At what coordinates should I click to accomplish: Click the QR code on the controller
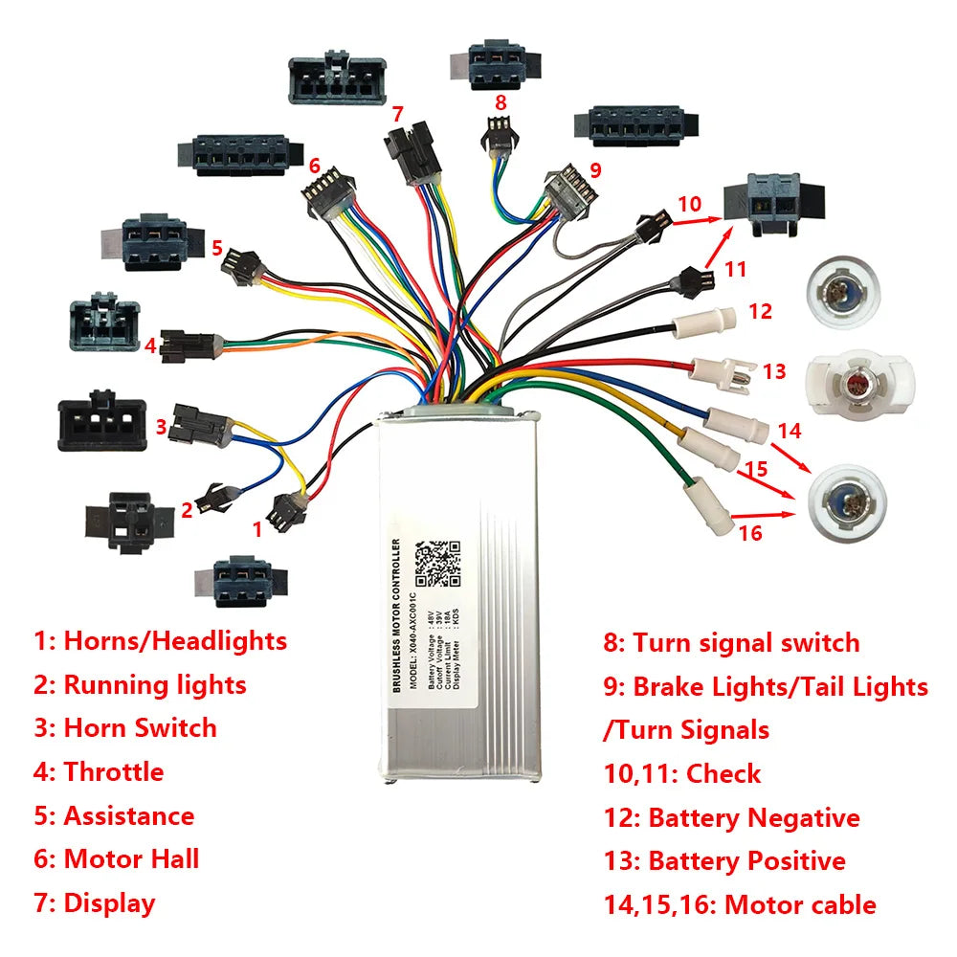(x=439, y=564)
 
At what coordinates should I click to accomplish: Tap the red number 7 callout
(x=397, y=113)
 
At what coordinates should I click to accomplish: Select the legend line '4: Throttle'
(x=99, y=771)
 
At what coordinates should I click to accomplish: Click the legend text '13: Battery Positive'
(x=724, y=860)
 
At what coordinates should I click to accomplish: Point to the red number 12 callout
(x=760, y=311)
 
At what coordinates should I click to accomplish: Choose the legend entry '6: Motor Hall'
(x=117, y=858)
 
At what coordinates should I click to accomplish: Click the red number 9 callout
(x=595, y=171)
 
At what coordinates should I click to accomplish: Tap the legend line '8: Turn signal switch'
(x=731, y=642)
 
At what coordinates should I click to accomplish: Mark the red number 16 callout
(x=751, y=532)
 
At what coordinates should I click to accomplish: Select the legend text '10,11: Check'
(x=681, y=772)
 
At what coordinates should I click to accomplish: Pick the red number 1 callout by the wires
(x=256, y=527)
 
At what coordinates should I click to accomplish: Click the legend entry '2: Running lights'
(x=140, y=684)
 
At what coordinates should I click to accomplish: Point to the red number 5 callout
(x=217, y=248)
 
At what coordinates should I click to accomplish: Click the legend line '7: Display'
(x=94, y=902)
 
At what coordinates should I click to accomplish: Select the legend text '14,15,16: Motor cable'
(x=740, y=904)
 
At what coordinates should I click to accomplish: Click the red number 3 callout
(x=161, y=426)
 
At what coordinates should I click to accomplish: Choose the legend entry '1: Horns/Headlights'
(x=160, y=640)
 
